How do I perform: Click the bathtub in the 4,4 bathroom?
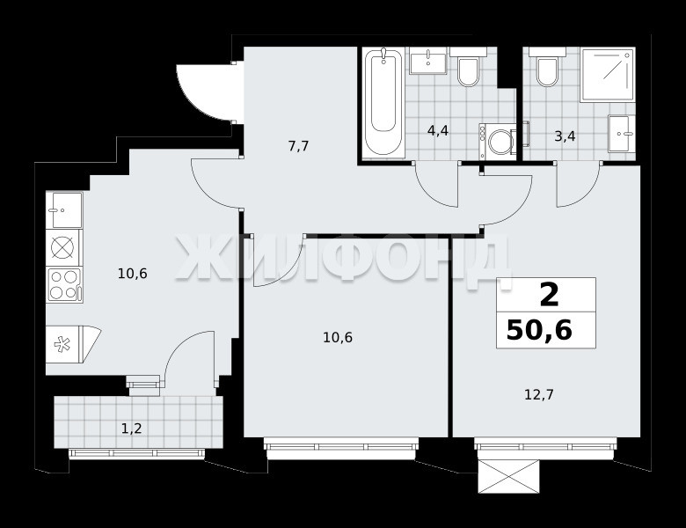pyautogui.click(x=383, y=102)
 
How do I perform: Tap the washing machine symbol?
pyautogui.click(x=498, y=141)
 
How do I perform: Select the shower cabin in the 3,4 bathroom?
pyautogui.click(x=607, y=76)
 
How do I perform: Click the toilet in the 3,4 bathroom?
pyautogui.click(x=547, y=67)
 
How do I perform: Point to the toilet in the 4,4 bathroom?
pyautogui.click(x=468, y=67)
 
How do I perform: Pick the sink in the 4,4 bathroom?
pyautogui.click(x=428, y=62)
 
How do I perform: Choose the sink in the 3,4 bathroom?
pyautogui.click(x=621, y=134)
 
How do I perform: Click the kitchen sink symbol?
pyautogui.click(x=64, y=209)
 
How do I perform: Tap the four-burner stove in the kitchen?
pyautogui.click(x=65, y=284)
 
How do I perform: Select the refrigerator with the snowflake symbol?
pyautogui.click(x=73, y=344)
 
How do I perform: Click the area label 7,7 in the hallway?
pyautogui.click(x=299, y=146)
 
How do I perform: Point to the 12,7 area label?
pyautogui.click(x=539, y=395)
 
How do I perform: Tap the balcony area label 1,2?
pyautogui.click(x=132, y=429)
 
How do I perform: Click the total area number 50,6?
pyautogui.click(x=539, y=330)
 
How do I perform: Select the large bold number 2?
pyautogui.click(x=550, y=295)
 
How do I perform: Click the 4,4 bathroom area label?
pyautogui.click(x=438, y=130)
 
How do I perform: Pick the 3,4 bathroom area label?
pyautogui.click(x=565, y=136)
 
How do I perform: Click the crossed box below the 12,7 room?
pyautogui.click(x=508, y=476)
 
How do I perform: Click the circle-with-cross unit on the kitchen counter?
pyautogui.click(x=64, y=248)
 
